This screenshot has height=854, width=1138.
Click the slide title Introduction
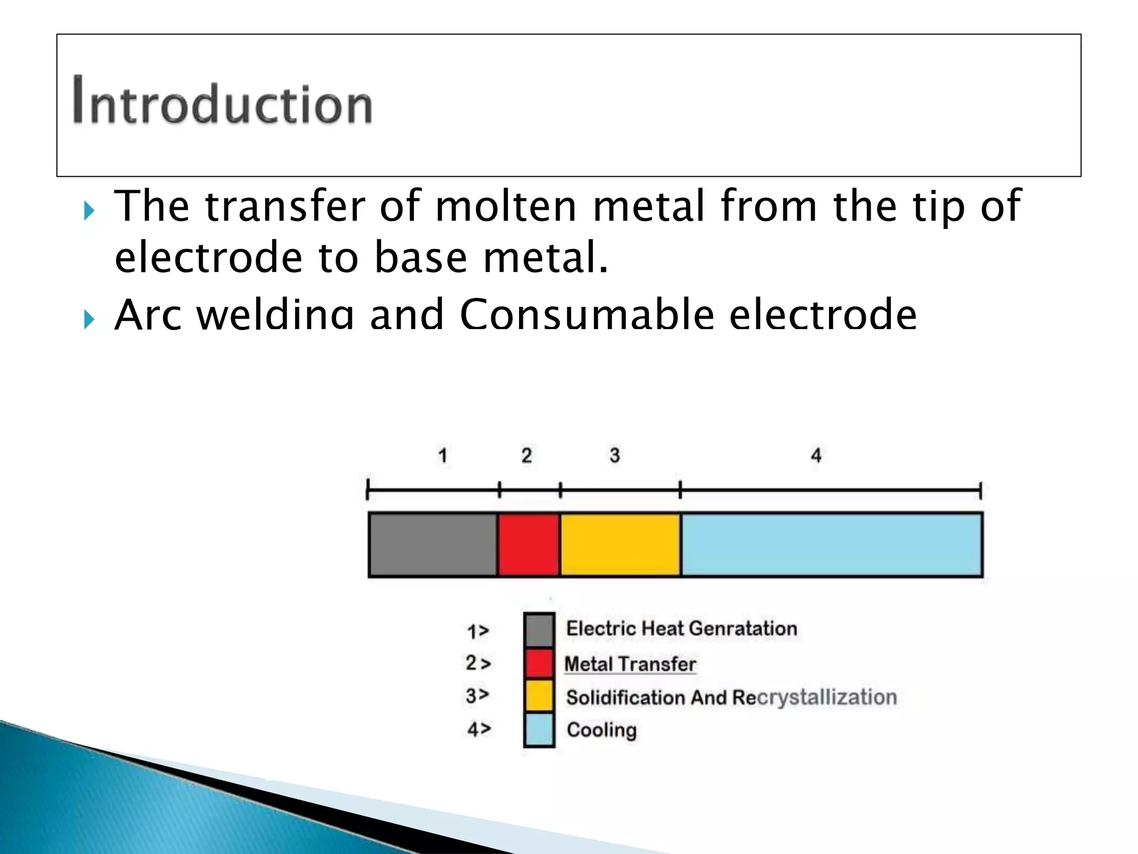click(x=222, y=101)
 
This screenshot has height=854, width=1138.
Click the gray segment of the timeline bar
click(x=433, y=544)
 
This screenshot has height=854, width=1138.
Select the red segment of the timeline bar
click(x=528, y=544)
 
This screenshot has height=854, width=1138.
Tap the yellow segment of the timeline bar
click(x=620, y=544)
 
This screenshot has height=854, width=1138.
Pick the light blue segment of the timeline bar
click(x=831, y=544)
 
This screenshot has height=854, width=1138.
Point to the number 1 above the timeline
click(x=442, y=456)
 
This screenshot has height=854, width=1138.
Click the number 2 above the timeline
click(x=527, y=456)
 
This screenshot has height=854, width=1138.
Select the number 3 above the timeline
click(x=615, y=456)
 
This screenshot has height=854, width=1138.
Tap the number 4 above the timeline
click(x=816, y=456)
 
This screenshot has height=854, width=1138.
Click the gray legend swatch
click(x=539, y=630)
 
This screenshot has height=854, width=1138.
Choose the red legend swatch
click(x=539, y=664)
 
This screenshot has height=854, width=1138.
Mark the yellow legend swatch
click(x=539, y=696)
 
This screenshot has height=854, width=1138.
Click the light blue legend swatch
click(x=539, y=729)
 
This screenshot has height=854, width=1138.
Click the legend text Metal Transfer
click(x=630, y=664)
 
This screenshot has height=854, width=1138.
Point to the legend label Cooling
click(x=601, y=730)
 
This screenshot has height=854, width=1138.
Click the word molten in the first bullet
click(x=506, y=206)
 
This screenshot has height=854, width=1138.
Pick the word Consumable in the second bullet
click(x=587, y=315)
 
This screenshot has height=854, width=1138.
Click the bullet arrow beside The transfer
click(x=89, y=211)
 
